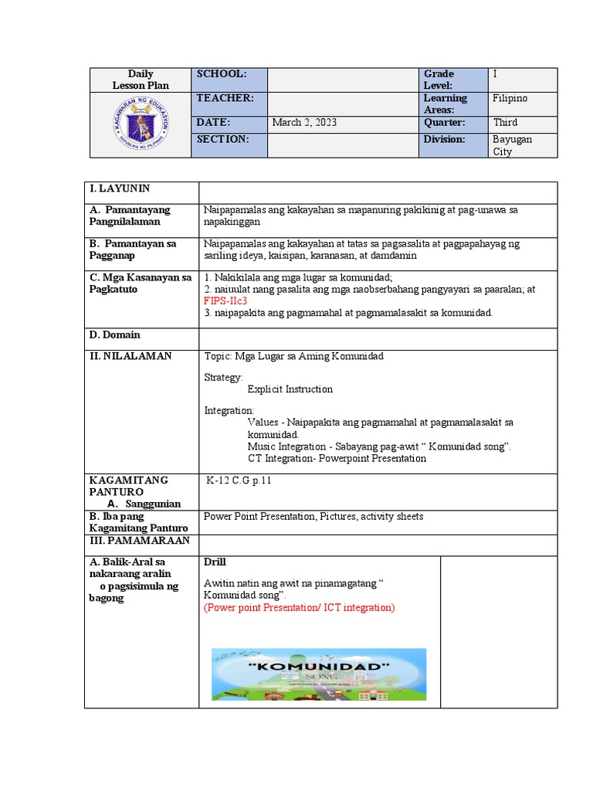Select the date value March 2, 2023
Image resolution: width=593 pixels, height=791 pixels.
(304, 123)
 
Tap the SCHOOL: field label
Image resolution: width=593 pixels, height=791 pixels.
(222, 73)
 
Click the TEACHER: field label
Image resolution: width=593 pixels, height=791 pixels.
(225, 98)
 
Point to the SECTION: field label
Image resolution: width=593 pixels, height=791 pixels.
(223, 139)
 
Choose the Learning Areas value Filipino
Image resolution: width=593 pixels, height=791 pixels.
(511, 98)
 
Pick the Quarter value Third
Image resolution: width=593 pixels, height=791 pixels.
(506, 123)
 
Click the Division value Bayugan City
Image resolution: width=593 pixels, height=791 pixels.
(512, 145)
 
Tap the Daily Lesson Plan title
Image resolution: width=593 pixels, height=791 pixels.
(141, 80)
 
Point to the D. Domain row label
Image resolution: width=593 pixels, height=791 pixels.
(115, 335)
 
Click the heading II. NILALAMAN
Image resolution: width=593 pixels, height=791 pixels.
(130, 356)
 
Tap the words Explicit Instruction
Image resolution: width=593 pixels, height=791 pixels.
(290, 389)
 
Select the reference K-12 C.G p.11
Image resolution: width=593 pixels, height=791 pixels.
(239, 480)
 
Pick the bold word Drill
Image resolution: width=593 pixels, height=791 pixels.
(215, 562)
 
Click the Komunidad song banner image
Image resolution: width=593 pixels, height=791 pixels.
(319, 675)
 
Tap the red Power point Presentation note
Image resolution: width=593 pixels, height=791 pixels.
(299, 608)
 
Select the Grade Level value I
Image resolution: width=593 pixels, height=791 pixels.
(496, 73)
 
